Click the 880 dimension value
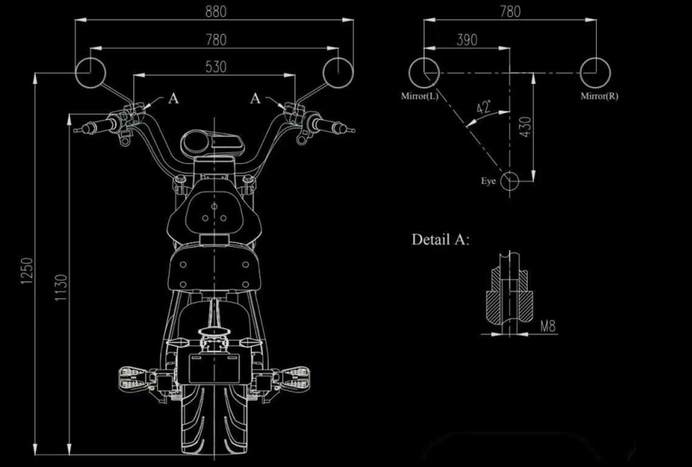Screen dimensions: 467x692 pyautogui.click(x=216, y=12)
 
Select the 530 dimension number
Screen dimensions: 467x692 pyautogui.click(x=216, y=67)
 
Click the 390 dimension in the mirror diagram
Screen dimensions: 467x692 pyautogui.click(x=467, y=40)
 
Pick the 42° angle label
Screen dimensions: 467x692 pyautogui.click(x=483, y=107)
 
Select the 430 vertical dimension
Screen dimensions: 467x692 pyautogui.click(x=526, y=127)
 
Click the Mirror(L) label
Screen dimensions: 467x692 pyautogui.click(x=419, y=96)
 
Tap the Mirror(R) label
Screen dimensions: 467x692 pyautogui.click(x=599, y=96)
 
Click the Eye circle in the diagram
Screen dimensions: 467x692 pyautogui.click(x=510, y=181)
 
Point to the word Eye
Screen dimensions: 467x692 pyautogui.click(x=488, y=181)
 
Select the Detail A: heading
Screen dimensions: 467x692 pyautogui.click(x=440, y=240)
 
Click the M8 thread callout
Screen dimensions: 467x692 pyautogui.click(x=547, y=326)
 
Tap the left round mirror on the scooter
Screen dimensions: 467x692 pyautogui.click(x=90, y=72)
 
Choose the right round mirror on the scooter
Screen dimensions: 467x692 pyautogui.click(x=338, y=72)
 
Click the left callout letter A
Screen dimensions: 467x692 pyautogui.click(x=173, y=98)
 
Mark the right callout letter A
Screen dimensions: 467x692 pyautogui.click(x=256, y=98)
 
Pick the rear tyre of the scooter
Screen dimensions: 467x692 pyautogui.click(x=214, y=420)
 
